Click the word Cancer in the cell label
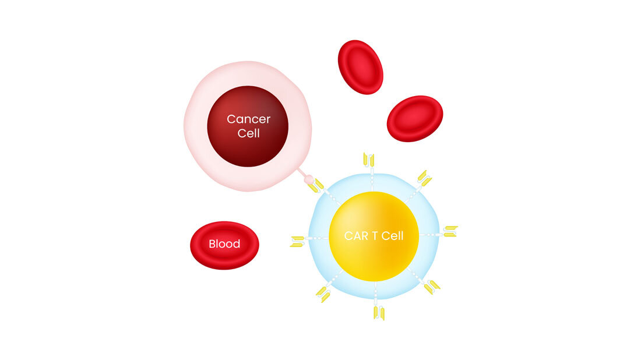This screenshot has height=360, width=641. pyautogui.click(x=248, y=119)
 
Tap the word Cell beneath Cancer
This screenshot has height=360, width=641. pyautogui.click(x=248, y=133)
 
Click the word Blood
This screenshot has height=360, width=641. pyautogui.click(x=224, y=244)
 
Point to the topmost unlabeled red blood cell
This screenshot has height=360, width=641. pyautogui.click(x=360, y=66)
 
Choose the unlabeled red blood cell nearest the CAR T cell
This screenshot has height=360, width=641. pyautogui.click(x=415, y=118)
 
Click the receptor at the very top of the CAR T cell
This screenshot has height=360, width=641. pyautogui.click(x=369, y=160)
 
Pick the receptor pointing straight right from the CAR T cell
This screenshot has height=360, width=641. pyautogui.click(x=450, y=231)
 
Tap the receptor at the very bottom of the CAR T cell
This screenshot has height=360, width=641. pyautogui.click(x=379, y=313)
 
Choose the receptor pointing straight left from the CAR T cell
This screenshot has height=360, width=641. pyautogui.click(x=298, y=241)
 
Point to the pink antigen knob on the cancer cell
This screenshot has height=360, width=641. pyautogui.click(x=309, y=179)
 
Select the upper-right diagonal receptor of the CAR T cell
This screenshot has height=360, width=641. pyautogui.click(x=424, y=178)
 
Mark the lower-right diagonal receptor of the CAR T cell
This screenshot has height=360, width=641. pyautogui.click(x=432, y=287)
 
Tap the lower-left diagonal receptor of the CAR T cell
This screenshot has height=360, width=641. pyautogui.click(x=323, y=294)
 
